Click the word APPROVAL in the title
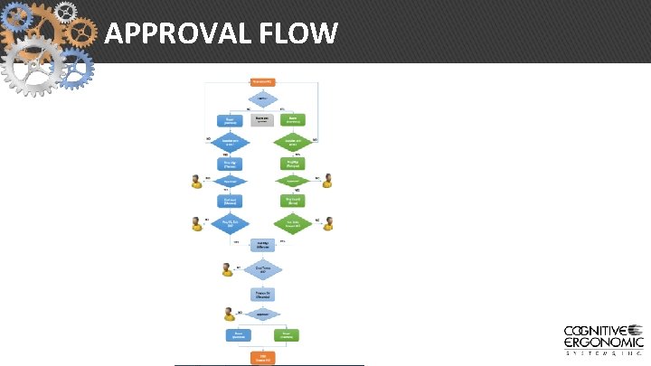(x=163, y=33)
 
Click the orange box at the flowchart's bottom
(x=263, y=357)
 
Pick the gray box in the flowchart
(x=262, y=118)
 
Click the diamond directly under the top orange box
(x=262, y=98)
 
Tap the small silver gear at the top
(x=65, y=10)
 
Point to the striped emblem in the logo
(x=636, y=331)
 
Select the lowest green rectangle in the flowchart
(x=286, y=335)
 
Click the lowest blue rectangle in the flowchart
(x=238, y=335)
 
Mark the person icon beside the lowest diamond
(x=230, y=314)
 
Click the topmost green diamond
(x=293, y=141)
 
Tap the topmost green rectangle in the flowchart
(x=293, y=118)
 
